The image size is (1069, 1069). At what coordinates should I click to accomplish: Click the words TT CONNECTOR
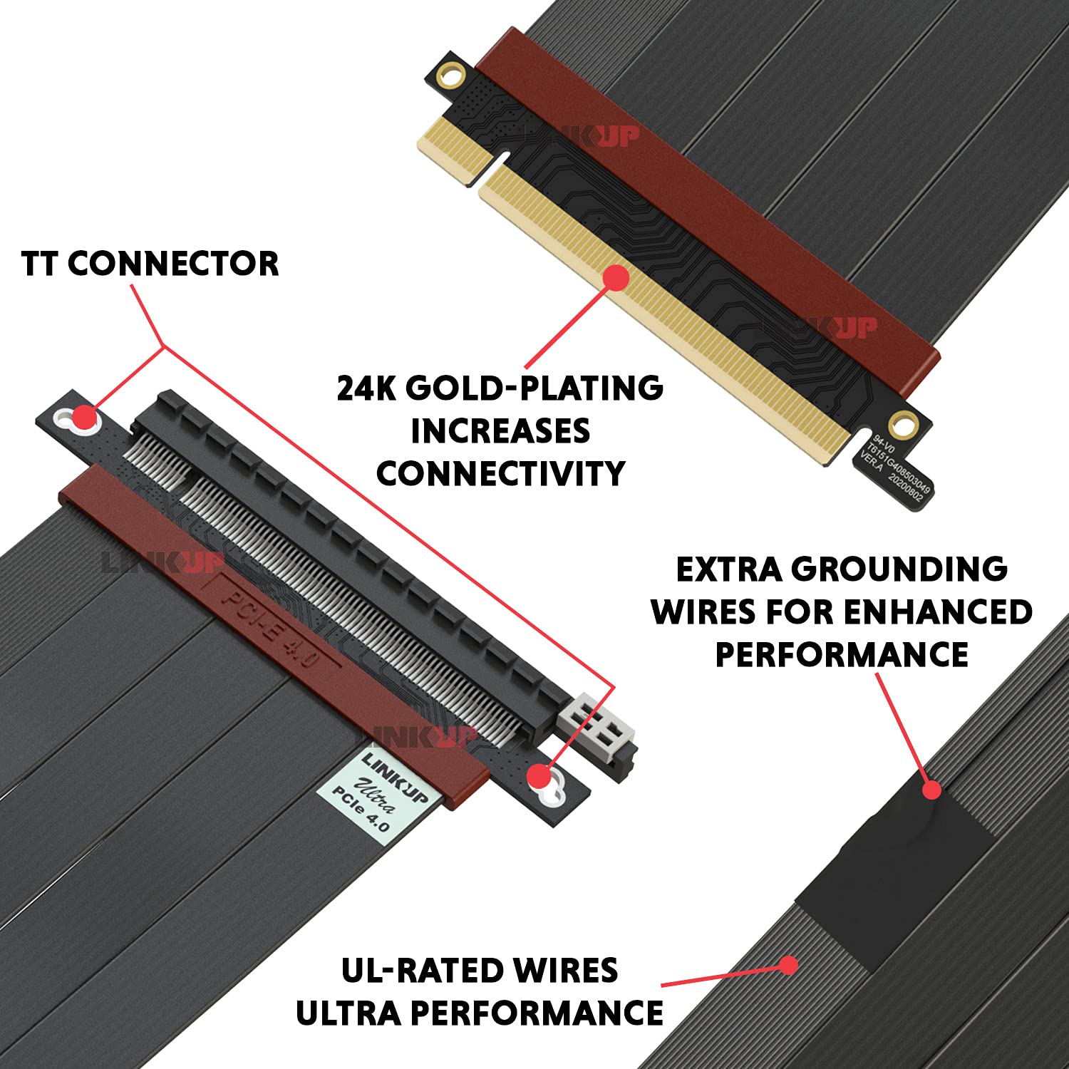click(150, 264)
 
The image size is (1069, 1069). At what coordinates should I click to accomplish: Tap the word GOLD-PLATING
click(534, 388)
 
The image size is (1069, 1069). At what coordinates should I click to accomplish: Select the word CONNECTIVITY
click(500, 474)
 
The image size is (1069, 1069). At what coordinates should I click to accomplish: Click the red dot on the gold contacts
click(615, 278)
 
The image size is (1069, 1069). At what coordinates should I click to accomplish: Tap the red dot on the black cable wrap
click(931, 790)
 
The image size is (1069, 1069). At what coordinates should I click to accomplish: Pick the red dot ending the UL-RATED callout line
click(788, 965)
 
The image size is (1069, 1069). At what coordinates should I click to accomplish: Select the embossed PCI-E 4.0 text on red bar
click(271, 627)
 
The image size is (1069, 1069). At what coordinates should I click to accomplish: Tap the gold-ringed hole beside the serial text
click(903, 425)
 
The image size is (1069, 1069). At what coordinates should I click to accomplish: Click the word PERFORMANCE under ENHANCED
click(842, 655)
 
